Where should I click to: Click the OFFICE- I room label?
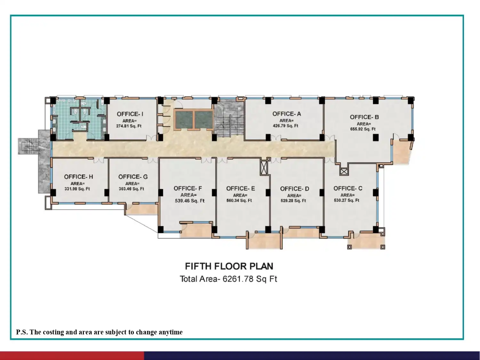coord(130,114)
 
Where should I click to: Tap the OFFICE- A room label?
coord(287,114)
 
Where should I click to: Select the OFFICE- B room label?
coord(364,117)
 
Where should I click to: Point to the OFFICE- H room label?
coord(78,177)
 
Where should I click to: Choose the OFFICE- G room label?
coord(133,177)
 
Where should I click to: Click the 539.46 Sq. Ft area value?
coord(189,201)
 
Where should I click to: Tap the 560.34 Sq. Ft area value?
coord(239,200)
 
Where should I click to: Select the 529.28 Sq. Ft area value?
coord(293,201)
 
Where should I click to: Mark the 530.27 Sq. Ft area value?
coord(346,200)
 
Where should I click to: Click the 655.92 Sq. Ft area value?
coord(363,129)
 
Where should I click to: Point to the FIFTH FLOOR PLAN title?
coord(229,266)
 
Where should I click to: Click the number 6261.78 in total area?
coord(238,279)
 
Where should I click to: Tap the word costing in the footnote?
coord(53,332)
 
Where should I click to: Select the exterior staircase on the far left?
coord(28,146)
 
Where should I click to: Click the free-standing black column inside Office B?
coord(376,138)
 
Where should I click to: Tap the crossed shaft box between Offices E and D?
coord(264,168)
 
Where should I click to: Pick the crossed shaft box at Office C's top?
coord(344,172)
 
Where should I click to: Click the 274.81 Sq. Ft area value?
coord(129,126)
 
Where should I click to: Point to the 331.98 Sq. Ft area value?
coord(77,189)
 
